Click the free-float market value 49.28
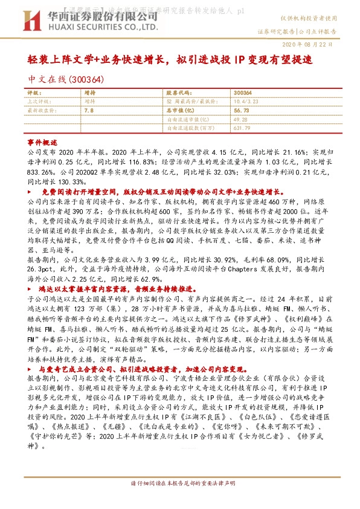coord(240,120)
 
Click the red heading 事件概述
coord(43,139)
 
